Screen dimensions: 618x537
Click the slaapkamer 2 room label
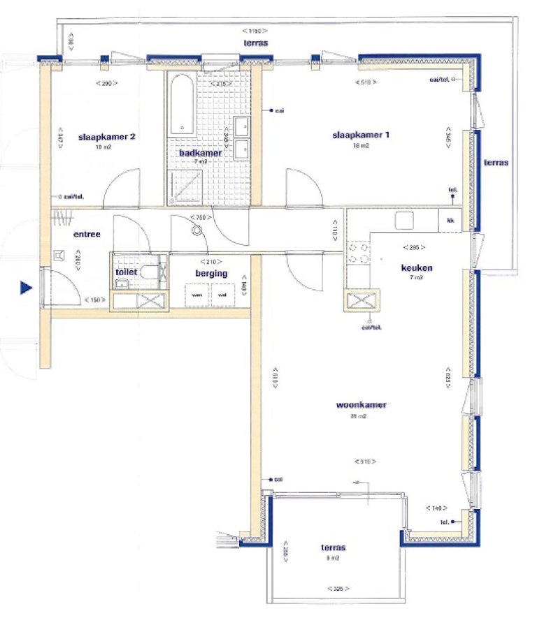106,137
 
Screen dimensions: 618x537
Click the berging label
211,274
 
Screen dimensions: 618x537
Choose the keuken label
417,267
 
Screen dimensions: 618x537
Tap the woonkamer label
361,404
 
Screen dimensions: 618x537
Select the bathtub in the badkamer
181,103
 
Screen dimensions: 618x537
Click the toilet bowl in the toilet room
148,272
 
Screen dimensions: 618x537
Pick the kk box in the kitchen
450,221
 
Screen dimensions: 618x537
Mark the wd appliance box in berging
223,295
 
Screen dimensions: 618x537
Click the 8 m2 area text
333,559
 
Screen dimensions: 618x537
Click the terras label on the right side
496,162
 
